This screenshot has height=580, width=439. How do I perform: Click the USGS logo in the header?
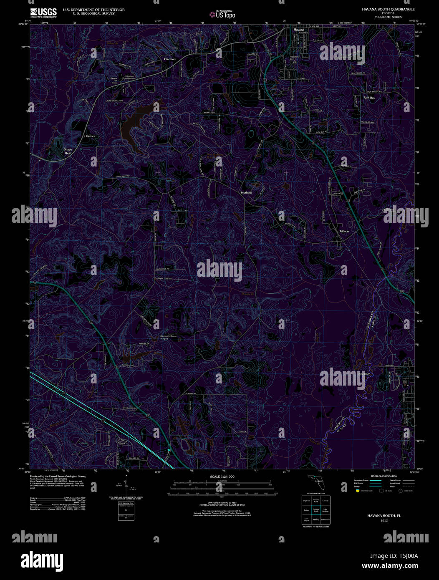pyautogui.click(x=43, y=13)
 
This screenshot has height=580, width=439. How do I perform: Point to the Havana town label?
pyautogui.click(x=299, y=30)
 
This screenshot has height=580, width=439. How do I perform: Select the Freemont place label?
pyautogui.click(x=170, y=59)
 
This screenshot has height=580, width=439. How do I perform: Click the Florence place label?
pyautogui.click(x=90, y=136)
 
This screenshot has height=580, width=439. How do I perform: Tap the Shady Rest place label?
pyautogui.click(x=68, y=151)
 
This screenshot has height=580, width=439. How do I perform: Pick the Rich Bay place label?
pyautogui.click(x=369, y=98)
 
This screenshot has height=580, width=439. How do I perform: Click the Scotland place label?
pyautogui.click(x=246, y=192)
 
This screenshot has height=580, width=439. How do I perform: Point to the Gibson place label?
pyautogui.click(x=344, y=231)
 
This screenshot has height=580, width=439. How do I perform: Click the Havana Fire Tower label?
pyautogui.click(x=114, y=80)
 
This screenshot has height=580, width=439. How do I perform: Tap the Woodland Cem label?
pyautogui.click(x=295, y=58)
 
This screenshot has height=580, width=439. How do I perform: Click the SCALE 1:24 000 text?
pyautogui.click(x=222, y=477)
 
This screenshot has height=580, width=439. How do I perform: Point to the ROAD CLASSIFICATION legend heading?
pyautogui.click(x=384, y=476)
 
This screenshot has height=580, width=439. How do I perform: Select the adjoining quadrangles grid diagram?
pyautogui.click(x=316, y=510)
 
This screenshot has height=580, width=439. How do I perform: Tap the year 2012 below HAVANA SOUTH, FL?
pyautogui.click(x=384, y=520)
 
